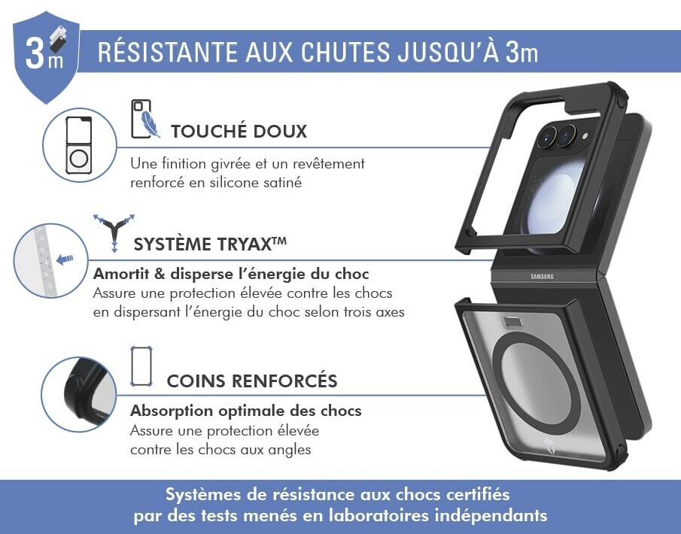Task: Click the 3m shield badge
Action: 46,56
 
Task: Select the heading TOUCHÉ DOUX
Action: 239,131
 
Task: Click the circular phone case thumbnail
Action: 80,145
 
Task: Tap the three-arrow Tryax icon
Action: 114,232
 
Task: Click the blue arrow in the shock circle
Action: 65,259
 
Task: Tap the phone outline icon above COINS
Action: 141,366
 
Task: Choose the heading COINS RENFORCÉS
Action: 252,381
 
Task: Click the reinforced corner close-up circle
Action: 78,394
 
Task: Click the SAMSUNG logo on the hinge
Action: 542,277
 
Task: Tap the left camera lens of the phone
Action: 547,136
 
